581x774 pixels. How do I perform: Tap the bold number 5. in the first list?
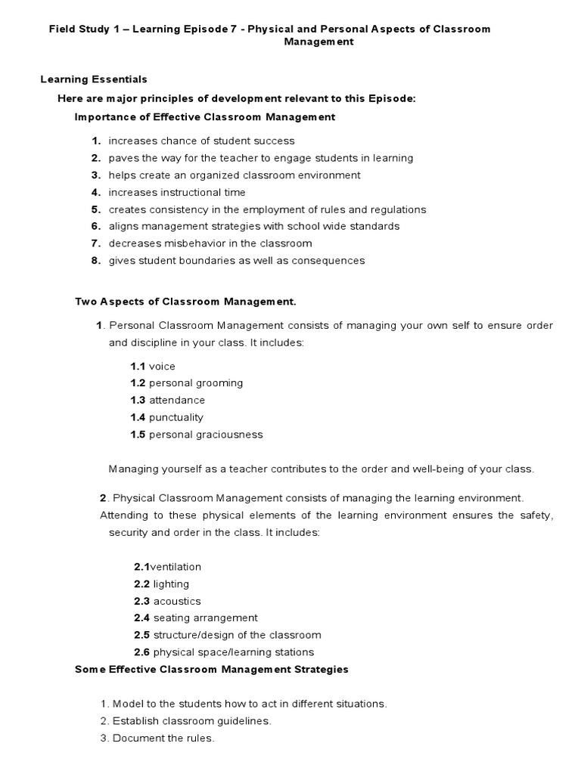coord(96,209)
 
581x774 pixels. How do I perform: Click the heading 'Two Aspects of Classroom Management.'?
coord(185,302)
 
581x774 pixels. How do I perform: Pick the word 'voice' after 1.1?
coord(162,367)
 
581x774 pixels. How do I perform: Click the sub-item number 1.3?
coord(138,401)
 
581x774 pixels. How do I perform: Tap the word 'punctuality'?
coord(176,418)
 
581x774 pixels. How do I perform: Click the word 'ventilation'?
coord(176,567)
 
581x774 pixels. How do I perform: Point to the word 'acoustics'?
coord(177,602)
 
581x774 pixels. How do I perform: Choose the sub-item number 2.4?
coord(142,618)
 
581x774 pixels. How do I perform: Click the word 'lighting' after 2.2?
coord(171,584)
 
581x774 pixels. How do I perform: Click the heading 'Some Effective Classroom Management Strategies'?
coord(212,670)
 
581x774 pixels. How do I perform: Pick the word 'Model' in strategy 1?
coord(127,704)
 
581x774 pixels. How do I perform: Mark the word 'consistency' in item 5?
coord(173,209)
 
